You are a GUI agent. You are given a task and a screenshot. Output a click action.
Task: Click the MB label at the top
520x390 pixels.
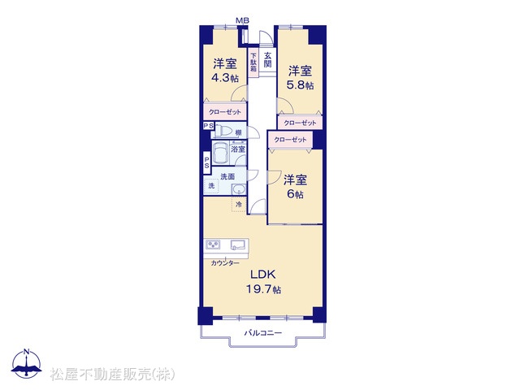242,20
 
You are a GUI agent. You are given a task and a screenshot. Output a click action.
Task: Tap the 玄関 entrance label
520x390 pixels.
267,59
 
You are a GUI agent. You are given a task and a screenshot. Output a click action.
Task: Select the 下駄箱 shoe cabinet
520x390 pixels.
253,63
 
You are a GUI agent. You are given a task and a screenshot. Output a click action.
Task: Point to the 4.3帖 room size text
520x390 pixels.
225,78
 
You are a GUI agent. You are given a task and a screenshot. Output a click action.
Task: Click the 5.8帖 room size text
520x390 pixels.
300,85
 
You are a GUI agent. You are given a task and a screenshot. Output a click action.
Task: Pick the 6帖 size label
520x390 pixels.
295,193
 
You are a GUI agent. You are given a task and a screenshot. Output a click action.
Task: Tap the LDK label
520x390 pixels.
263,275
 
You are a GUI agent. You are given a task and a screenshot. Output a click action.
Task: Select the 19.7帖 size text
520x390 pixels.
263,289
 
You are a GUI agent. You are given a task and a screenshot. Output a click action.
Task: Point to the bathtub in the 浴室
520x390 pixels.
221,153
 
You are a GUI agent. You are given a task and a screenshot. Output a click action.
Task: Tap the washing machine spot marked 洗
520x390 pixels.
211,186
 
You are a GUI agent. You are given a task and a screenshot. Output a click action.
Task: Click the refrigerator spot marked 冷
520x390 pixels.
239,204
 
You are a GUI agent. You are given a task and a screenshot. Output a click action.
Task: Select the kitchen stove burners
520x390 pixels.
213,245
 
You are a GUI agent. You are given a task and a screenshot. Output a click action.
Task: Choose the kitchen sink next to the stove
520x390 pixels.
238,245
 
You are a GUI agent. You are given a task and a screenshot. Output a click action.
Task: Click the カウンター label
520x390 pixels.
225,263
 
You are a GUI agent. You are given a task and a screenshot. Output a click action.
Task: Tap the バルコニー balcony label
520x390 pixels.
263,332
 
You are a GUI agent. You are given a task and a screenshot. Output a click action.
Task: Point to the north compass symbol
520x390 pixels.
27,363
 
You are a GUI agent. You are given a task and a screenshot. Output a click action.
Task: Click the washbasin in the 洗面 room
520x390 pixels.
238,189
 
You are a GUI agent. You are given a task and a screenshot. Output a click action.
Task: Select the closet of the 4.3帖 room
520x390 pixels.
225,111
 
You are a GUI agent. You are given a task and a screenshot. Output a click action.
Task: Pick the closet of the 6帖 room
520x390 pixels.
291,140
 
